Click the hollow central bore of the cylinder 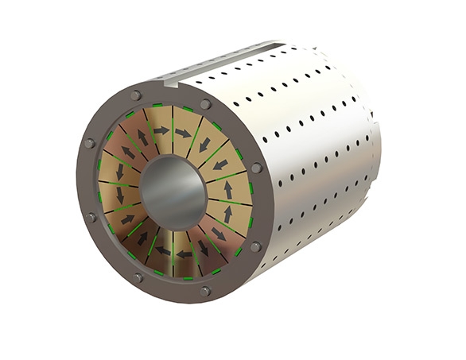tap(173, 192)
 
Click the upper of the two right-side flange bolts tap(256, 168)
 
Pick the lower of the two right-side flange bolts tap(255, 247)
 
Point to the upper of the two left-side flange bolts tap(89, 143)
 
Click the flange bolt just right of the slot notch tap(206, 104)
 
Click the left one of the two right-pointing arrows tap(161, 130)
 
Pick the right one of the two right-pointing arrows tap(184, 133)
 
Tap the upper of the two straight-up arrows tap(227, 189)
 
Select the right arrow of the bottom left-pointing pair tap(184, 254)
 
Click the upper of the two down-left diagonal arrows tap(206, 146)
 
